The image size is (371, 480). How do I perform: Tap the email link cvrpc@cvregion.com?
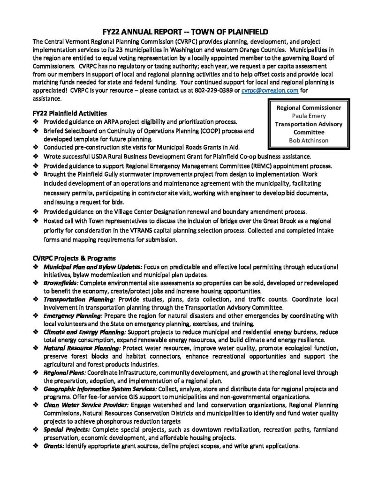point(269,90)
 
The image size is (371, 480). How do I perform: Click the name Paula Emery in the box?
point(309,116)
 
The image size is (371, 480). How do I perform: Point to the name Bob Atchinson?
point(309,140)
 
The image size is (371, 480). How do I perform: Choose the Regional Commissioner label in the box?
point(309,108)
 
